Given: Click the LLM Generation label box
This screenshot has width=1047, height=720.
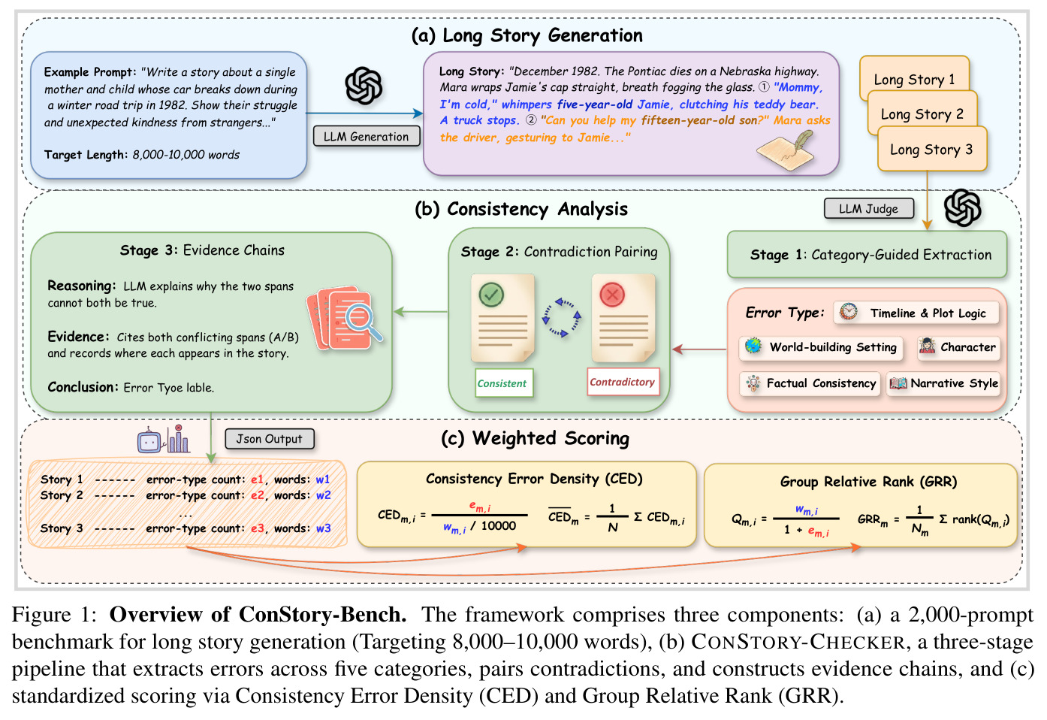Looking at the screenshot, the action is coord(367,136).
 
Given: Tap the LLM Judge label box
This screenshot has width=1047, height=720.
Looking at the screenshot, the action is coord(868,209).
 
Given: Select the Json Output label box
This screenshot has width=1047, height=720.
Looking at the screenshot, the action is coord(269,439).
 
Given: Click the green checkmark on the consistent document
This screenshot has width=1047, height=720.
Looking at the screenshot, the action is coord(491,295).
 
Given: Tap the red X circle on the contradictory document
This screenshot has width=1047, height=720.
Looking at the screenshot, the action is coord(612,295).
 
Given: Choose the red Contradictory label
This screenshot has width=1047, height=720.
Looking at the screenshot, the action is coord(623,382).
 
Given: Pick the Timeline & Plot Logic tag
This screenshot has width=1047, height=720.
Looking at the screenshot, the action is coord(916,313).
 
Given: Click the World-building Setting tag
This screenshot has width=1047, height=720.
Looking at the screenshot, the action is coord(821,346).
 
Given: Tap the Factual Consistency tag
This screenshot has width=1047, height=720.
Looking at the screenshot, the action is coord(810,383).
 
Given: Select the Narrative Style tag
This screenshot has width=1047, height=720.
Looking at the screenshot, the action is coord(943,383).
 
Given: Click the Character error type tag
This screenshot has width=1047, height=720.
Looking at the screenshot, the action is coord(958,346).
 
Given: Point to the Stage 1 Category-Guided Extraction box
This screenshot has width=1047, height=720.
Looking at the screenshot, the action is coord(867,255).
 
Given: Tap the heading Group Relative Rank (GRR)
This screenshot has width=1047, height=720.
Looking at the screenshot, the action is coord(868,482).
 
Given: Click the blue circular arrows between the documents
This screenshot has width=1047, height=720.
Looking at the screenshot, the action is coord(561,318).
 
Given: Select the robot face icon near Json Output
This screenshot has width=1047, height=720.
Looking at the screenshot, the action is coord(149,440).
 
